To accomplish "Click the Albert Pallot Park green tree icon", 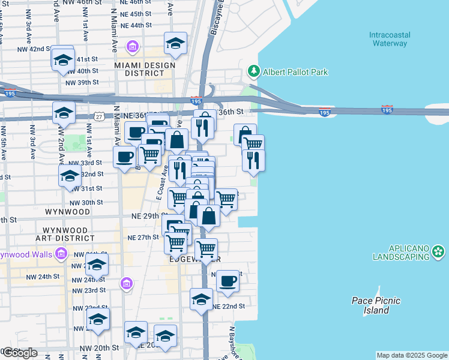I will point(253,72).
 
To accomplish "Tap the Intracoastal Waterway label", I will point(389,39).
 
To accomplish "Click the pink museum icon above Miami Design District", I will point(133,46).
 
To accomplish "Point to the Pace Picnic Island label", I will point(376,305).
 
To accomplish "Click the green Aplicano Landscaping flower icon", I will point(439,252).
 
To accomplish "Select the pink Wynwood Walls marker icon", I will point(61,254).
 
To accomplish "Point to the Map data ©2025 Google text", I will point(412,355).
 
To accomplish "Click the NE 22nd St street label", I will point(229,306).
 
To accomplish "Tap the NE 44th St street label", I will point(136,26).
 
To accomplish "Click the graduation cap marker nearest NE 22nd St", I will point(201,298).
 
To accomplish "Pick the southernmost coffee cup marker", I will point(227,281).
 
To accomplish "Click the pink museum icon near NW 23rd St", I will point(126,283).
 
